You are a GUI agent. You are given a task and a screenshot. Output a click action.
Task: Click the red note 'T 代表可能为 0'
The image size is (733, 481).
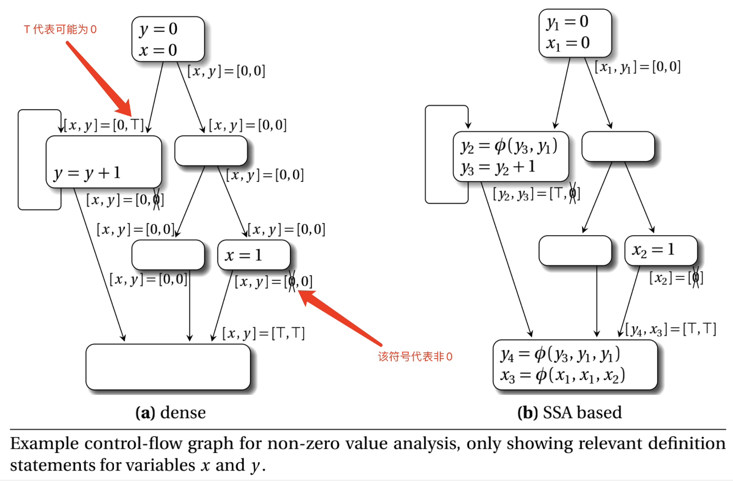[x=60, y=29]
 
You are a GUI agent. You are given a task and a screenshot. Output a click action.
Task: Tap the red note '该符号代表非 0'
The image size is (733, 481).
[x=415, y=356]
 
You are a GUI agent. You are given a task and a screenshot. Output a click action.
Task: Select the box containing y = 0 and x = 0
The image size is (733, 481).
[x=168, y=39]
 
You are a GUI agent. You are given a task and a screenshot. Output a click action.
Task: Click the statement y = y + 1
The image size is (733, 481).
[x=87, y=173]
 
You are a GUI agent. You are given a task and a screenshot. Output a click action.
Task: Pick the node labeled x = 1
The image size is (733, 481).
[x=254, y=255]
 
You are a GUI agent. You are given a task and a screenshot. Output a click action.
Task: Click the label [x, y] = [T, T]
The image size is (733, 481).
[x=263, y=334]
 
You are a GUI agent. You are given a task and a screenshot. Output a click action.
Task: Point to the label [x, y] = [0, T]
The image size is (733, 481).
[x=104, y=125]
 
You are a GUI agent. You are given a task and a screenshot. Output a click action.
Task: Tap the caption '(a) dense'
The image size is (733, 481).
[x=171, y=412]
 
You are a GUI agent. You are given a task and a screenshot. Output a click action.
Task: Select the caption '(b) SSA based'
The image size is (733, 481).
[x=569, y=412]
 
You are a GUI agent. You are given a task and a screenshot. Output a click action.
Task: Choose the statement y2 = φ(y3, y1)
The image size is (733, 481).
[x=509, y=147]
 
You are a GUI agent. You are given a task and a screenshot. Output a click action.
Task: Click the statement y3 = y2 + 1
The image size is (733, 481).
[x=498, y=167]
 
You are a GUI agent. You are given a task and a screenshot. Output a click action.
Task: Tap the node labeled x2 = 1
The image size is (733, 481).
[x=661, y=250]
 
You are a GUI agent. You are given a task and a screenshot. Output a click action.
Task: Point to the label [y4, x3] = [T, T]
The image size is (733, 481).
[x=671, y=329]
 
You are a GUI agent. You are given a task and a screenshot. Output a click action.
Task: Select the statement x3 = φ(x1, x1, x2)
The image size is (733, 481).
[x=562, y=375]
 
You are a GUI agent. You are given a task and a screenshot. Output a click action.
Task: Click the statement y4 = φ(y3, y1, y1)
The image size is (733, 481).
[x=560, y=355]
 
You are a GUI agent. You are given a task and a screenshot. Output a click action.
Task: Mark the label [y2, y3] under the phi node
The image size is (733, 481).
[x=537, y=194]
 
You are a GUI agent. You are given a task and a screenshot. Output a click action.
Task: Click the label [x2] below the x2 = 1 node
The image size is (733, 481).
[x=676, y=278]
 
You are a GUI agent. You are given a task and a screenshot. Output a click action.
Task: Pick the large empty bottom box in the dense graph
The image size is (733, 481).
[x=168, y=367]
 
